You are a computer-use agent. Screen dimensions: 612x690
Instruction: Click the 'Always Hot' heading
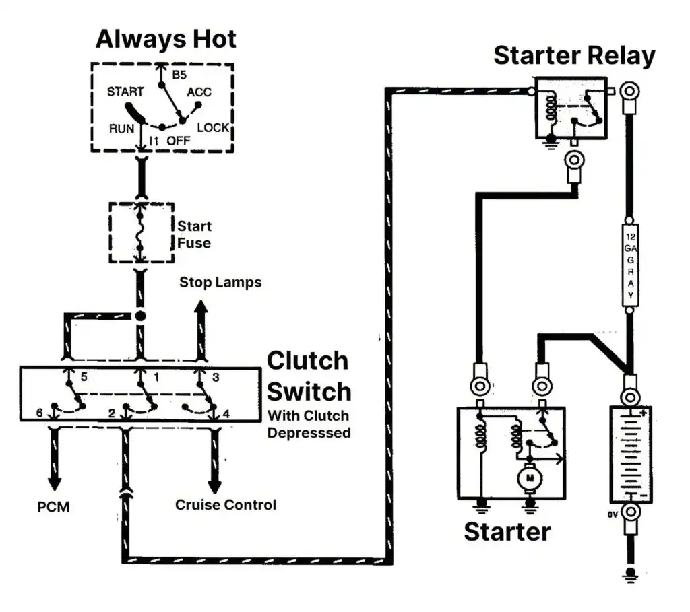tap(166, 38)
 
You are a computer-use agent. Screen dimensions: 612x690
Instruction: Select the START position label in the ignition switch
tap(125, 92)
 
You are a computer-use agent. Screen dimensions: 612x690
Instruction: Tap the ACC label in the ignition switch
tap(199, 92)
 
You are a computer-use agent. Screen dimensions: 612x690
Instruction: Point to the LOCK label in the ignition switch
tap(213, 127)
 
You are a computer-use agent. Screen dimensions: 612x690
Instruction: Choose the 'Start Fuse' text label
tap(194, 234)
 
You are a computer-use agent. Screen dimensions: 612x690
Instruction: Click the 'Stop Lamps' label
tap(220, 282)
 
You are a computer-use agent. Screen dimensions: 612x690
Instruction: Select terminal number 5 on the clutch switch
tap(84, 377)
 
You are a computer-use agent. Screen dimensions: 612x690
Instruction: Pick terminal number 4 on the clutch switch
tap(225, 413)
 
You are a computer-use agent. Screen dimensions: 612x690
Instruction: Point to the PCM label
tap(53, 506)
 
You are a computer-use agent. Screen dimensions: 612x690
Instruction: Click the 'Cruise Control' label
tap(226, 504)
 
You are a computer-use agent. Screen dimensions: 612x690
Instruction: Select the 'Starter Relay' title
tap(574, 55)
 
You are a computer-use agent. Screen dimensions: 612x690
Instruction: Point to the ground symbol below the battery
tap(630, 574)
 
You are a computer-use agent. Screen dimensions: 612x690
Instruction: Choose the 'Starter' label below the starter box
tap(507, 531)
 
